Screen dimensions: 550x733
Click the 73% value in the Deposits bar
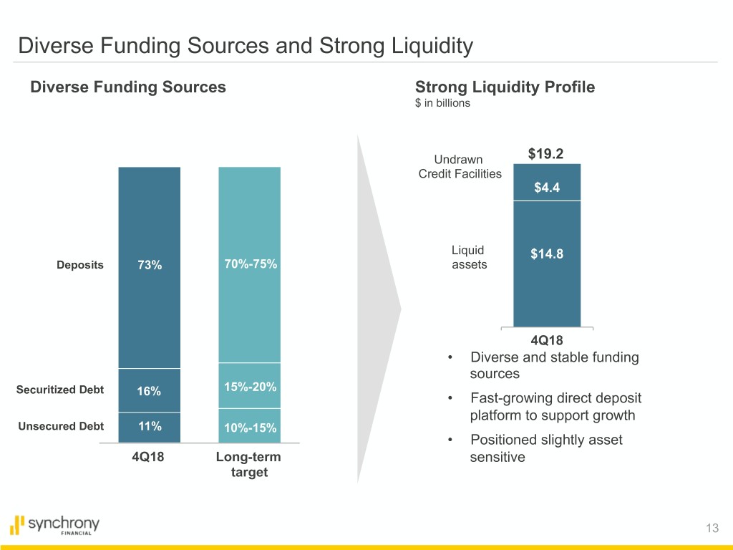click(150, 265)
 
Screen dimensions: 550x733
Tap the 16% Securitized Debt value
click(150, 391)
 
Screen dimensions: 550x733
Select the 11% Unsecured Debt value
click(150, 426)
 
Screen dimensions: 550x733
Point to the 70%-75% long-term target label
click(251, 264)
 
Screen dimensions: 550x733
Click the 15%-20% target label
click(251, 387)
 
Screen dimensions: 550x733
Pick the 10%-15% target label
click(251, 428)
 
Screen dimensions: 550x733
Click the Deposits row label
click(80, 265)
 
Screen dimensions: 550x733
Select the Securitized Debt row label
click(60, 390)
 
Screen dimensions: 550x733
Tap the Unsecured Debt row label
click(60, 426)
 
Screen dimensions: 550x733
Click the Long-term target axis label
click(249, 465)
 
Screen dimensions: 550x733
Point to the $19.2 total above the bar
click(546, 155)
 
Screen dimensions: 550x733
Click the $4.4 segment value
click(546, 188)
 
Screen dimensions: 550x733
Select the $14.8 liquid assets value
click(546, 254)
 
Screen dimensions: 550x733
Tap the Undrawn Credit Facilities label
click(460, 166)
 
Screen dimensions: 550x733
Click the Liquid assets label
click(469, 257)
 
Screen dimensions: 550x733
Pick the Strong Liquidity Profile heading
click(505, 87)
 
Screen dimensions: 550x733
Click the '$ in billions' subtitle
click(442, 103)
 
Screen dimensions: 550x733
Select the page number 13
click(711, 529)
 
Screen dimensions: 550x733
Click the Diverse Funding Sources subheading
click(128, 87)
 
